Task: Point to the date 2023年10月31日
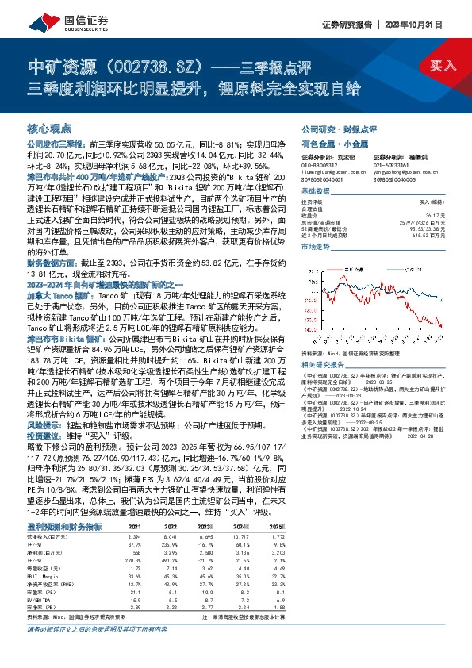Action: [429, 24]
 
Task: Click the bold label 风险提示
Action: [44, 425]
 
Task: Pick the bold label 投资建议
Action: [44, 436]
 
